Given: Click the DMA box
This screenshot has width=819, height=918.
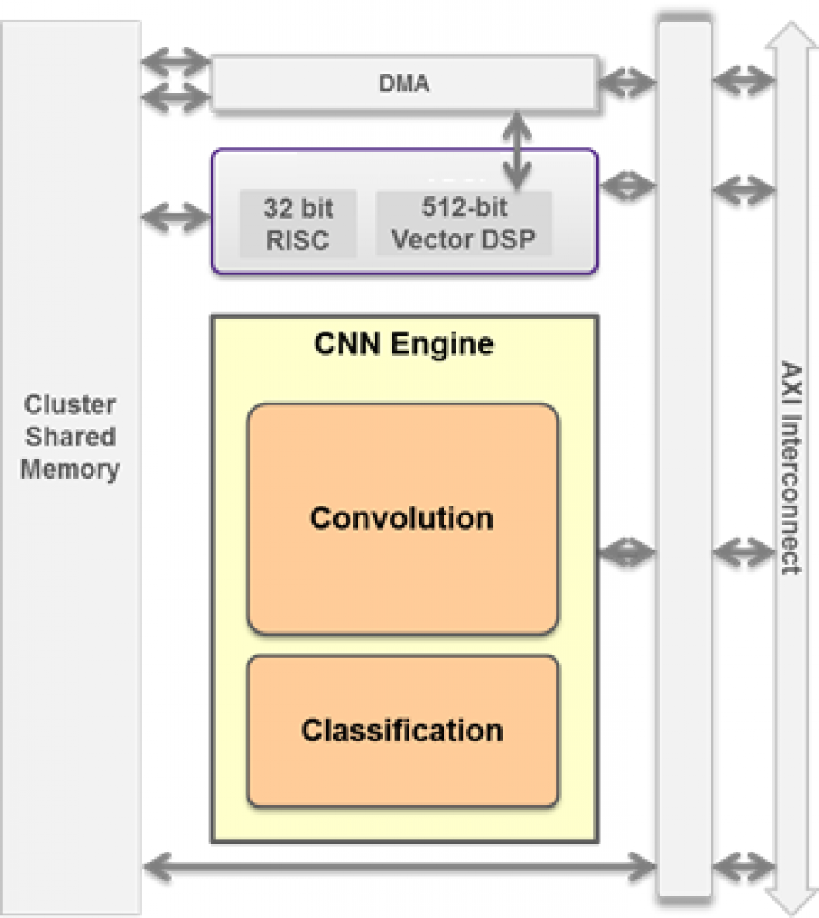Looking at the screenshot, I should (x=403, y=84).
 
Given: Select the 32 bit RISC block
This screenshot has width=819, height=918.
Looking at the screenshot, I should (x=297, y=224).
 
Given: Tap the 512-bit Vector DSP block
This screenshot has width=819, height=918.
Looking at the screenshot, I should (x=463, y=224).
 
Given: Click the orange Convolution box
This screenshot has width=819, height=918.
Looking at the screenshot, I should (x=402, y=519).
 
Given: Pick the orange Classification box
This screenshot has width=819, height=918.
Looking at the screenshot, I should (x=402, y=731).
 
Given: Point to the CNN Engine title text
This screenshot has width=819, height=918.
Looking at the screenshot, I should (x=403, y=344).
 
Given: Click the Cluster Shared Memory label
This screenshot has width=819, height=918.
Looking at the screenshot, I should (x=71, y=437).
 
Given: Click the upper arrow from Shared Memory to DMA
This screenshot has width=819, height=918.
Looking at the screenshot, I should (x=177, y=63).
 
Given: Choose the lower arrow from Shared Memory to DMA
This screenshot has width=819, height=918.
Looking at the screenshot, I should (x=177, y=96).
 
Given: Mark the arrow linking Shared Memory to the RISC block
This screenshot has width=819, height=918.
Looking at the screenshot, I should (x=177, y=217).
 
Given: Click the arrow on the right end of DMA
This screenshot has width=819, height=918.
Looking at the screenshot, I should (x=627, y=83).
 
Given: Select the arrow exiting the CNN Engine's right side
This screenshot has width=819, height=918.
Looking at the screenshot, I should (x=627, y=554).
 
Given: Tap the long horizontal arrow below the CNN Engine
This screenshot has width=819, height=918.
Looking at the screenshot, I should (x=400, y=866).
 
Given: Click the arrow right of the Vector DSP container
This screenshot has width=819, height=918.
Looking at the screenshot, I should (x=627, y=187).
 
